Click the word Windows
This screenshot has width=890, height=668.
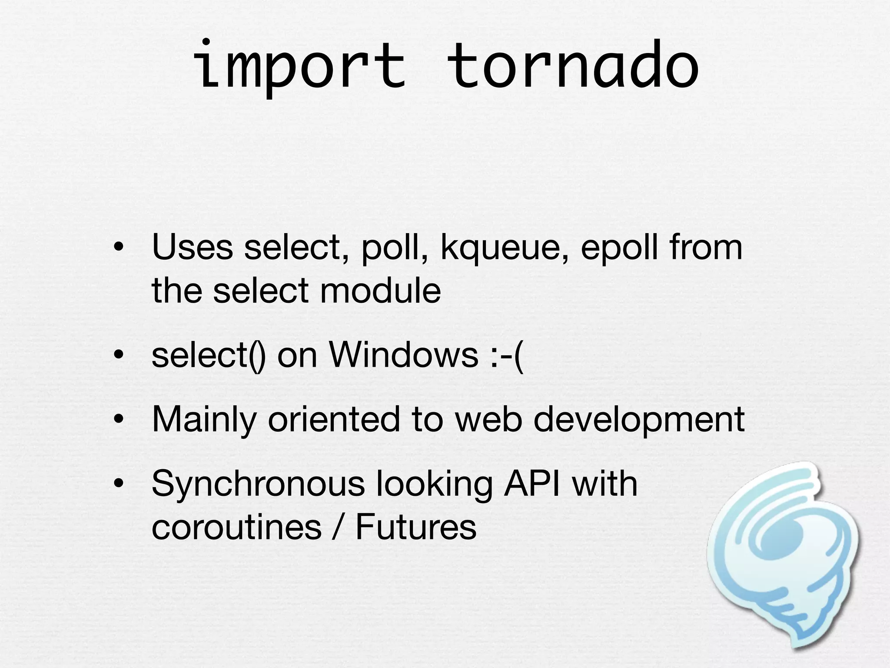point(404,355)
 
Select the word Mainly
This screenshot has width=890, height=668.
point(204,420)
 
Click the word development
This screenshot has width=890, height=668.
point(638,420)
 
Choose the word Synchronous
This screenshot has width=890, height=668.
point(258,484)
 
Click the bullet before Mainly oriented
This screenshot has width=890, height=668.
point(118,420)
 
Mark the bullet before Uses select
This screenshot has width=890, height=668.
point(118,248)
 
